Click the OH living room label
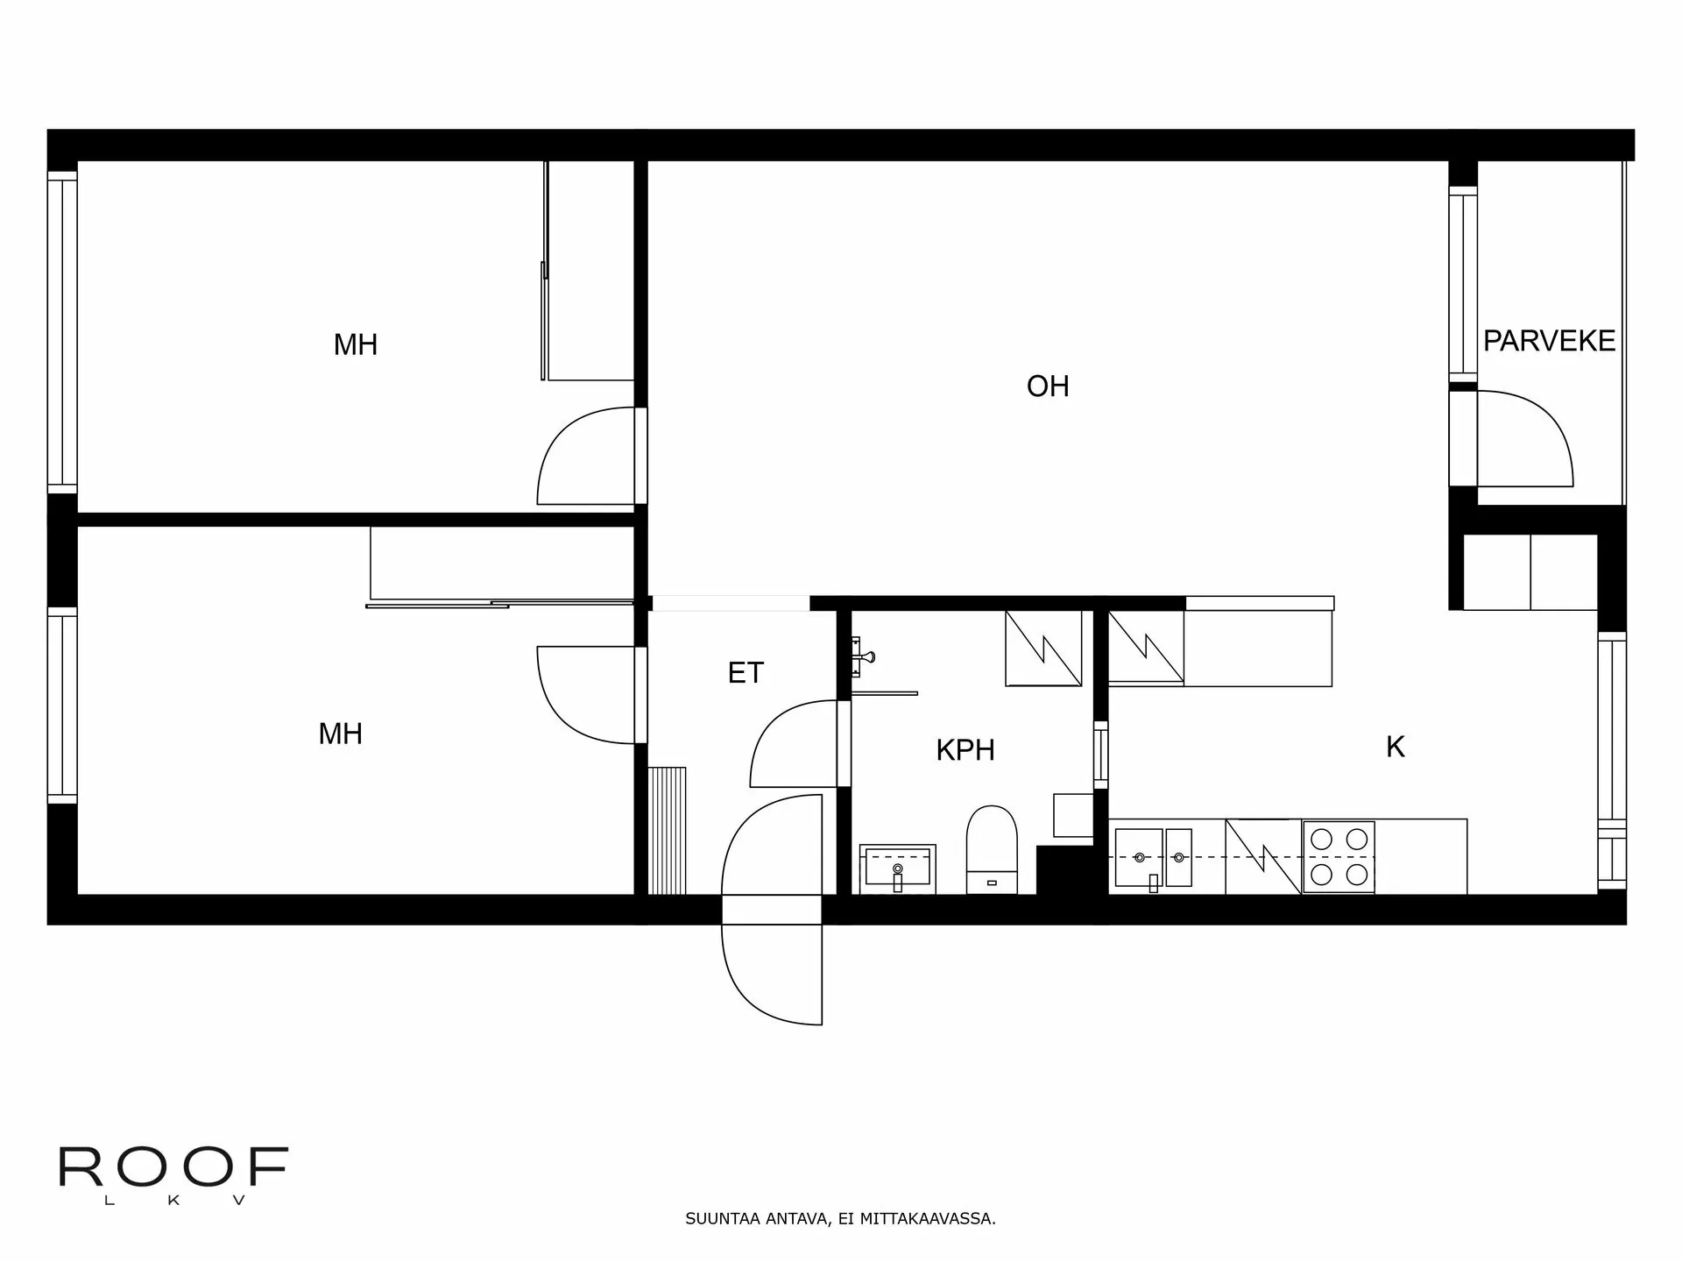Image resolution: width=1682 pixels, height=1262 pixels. coord(1048,386)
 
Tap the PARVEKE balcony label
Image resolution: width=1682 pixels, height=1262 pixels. coord(1549,341)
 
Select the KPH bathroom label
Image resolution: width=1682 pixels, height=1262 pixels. coord(965,750)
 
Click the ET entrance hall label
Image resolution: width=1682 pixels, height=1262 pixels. coord(746,673)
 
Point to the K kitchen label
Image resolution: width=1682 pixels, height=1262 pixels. coord(1396,747)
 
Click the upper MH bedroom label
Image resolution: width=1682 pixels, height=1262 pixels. coord(355,344)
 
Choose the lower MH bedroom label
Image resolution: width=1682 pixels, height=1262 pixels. coord(340,734)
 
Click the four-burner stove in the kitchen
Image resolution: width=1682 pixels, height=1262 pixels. coord(1338,857)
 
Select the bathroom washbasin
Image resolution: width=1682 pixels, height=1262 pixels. coord(897,869)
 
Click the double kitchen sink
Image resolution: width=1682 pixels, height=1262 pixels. coord(1153,857)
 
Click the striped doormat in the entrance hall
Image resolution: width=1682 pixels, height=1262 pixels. coord(668,830)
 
